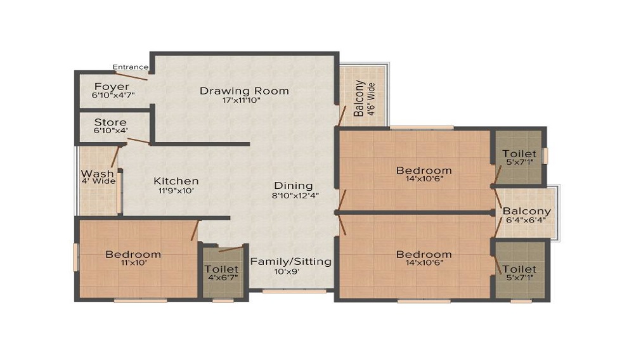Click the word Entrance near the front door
click(130, 67)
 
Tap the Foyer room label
click(112, 86)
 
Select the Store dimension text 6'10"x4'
click(111, 131)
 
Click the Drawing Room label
click(244, 91)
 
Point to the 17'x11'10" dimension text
click(242, 100)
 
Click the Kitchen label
click(176, 181)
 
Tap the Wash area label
click(97, 173)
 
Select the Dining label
click(293, 186)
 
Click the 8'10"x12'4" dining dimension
click(295, 195)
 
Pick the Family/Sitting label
click(291, 261)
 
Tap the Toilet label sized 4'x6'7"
click(222, 269)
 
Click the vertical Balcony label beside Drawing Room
click(359, 99)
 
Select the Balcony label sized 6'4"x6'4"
click(527, 211)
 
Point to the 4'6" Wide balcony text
click(372, 99)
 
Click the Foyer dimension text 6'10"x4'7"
click(113, 95)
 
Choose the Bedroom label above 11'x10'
click(133, 254)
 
